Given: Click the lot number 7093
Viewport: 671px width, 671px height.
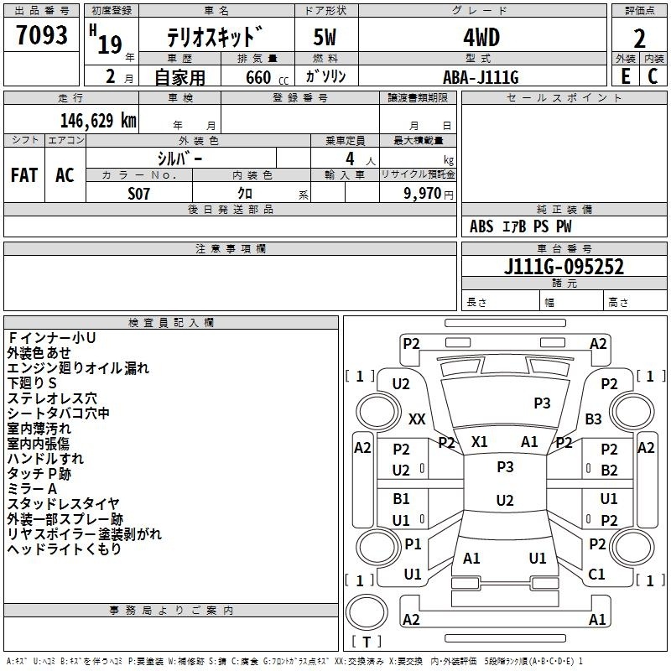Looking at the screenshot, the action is click(41, 35).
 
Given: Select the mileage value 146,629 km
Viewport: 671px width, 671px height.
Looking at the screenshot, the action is click(98, 121).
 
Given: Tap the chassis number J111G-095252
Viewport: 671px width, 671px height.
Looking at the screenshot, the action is click(564, 266).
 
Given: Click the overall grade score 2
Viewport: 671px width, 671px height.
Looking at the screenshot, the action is click(639, 39).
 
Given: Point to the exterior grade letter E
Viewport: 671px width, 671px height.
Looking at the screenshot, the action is click(626, 76).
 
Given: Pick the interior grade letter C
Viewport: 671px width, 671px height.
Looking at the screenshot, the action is click(653, 76).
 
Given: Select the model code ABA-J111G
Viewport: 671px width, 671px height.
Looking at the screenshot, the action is click(481, 77).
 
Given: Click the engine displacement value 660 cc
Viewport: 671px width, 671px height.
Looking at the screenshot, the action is click(267, 77).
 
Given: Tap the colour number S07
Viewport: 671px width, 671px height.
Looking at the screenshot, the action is click(138, 194).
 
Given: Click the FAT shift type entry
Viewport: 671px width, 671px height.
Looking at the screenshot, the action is click(24, 175).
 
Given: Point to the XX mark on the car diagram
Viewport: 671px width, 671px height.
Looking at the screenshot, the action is click(417, 419).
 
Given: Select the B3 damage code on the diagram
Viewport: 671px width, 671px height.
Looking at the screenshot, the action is click(594, 419).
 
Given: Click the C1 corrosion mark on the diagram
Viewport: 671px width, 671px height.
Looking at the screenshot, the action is click(596, 574).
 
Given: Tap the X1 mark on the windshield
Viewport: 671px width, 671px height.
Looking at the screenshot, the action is click(479, 442).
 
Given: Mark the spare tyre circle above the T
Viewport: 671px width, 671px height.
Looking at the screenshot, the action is click(367, 611).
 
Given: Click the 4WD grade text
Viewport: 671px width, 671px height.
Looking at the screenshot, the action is click(481, 38).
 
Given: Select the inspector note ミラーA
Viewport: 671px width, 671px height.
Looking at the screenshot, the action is click(32, 489).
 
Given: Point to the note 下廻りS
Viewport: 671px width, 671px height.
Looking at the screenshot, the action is click(32, 383).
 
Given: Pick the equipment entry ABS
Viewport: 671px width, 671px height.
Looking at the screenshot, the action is click(481, 226).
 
